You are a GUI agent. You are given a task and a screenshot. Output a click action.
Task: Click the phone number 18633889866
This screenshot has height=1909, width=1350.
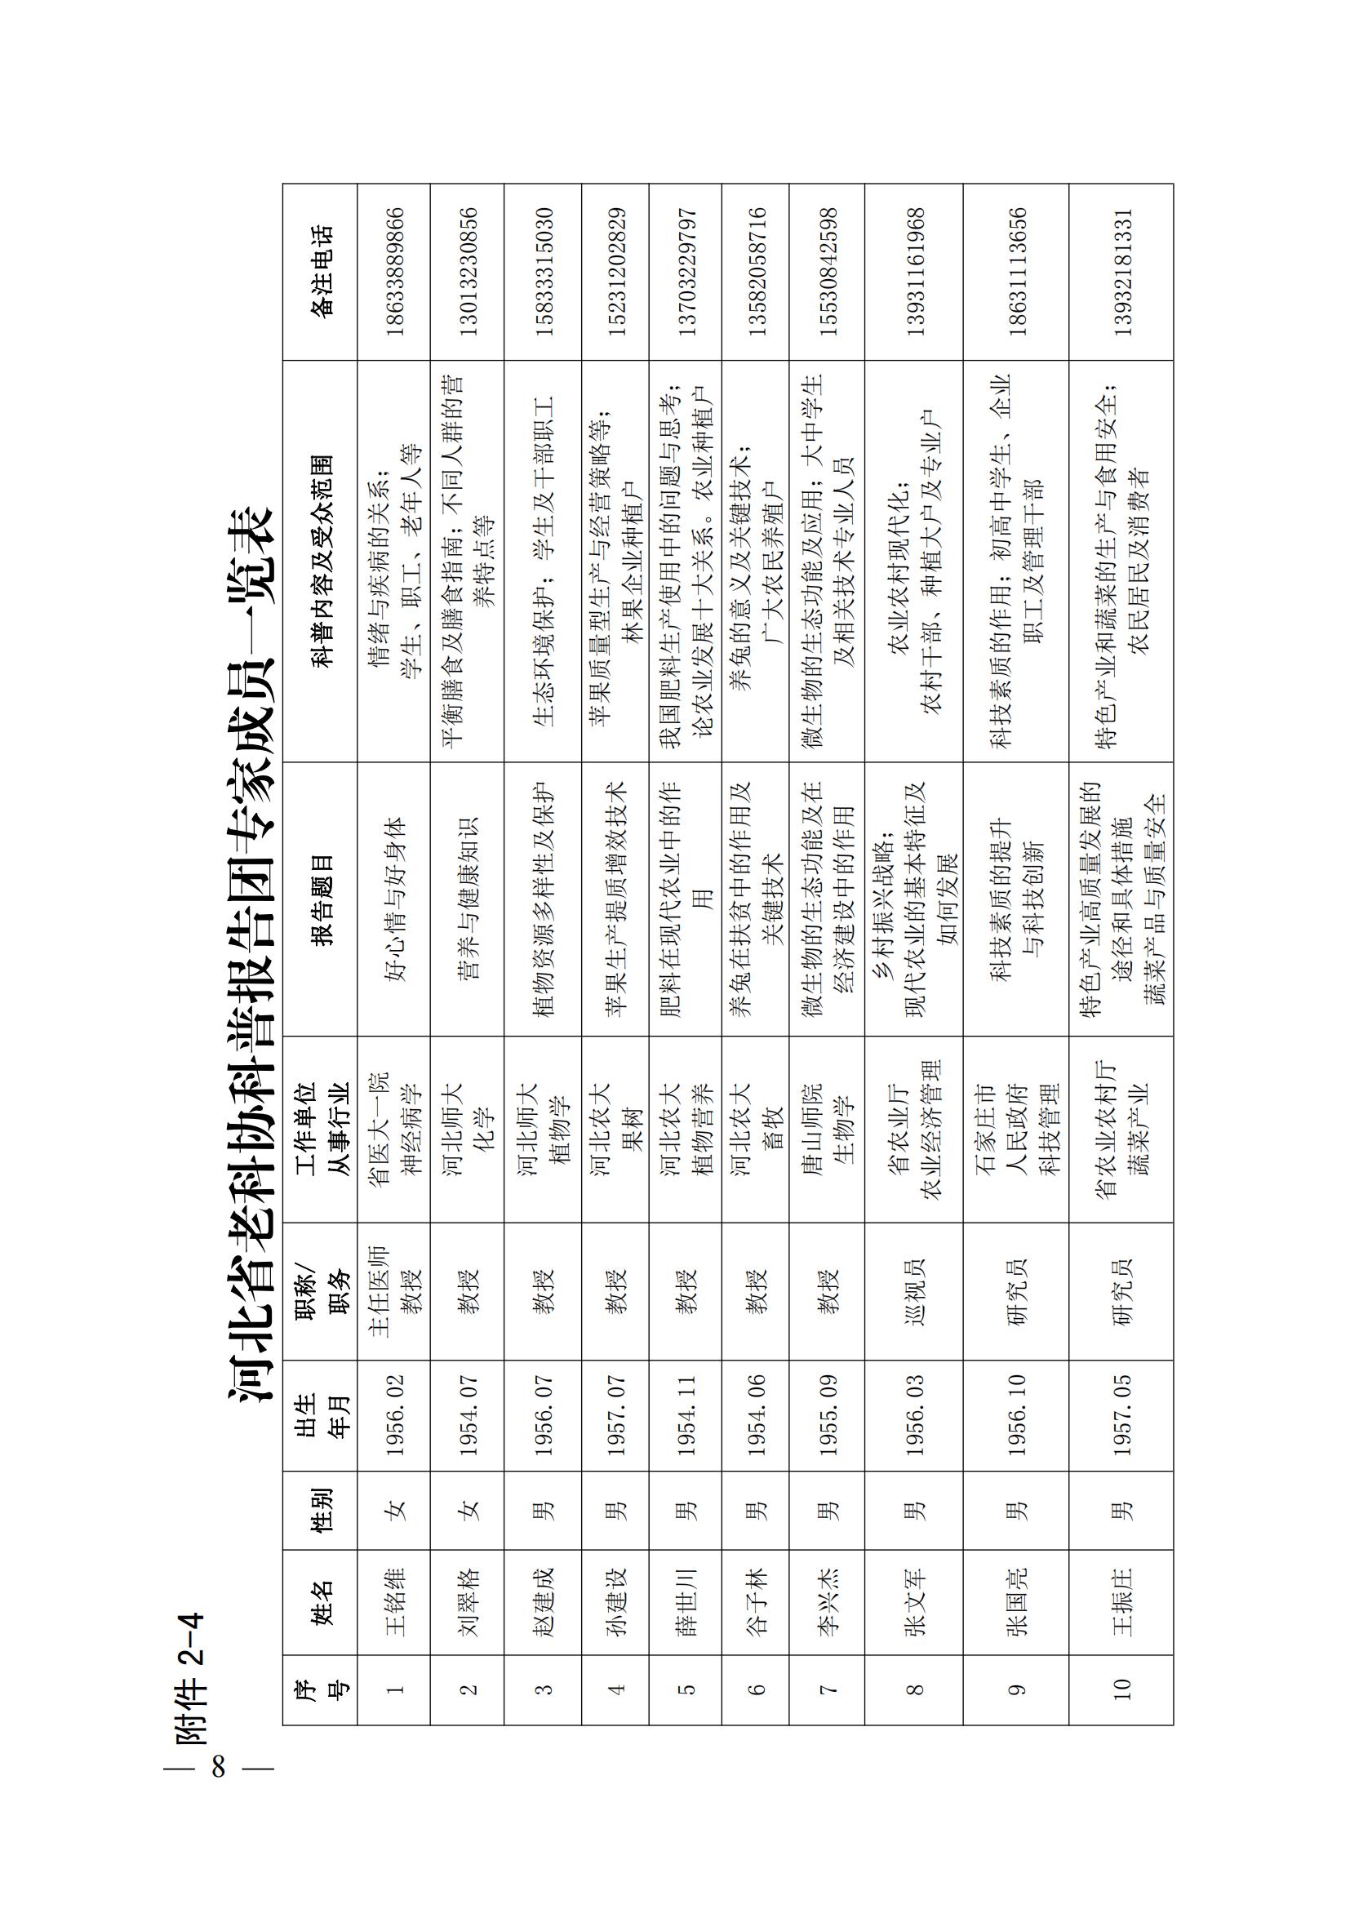394,271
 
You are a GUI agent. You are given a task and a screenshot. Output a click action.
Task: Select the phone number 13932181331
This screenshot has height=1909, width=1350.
1123,271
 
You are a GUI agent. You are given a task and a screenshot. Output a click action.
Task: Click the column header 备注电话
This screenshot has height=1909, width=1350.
321,271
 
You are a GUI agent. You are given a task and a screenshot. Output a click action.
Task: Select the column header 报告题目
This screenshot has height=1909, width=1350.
321,901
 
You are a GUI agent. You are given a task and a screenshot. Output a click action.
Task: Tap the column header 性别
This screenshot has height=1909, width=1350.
321,1509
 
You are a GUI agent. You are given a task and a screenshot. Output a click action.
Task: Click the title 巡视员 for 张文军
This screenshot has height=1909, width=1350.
914,1291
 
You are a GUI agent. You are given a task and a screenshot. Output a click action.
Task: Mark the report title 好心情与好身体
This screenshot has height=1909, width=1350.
394,901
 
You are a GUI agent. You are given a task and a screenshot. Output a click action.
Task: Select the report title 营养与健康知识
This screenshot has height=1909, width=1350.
468,901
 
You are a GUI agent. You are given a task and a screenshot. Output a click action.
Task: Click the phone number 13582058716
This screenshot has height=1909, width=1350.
756,271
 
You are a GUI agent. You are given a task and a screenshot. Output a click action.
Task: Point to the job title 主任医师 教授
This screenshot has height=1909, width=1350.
394,1291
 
